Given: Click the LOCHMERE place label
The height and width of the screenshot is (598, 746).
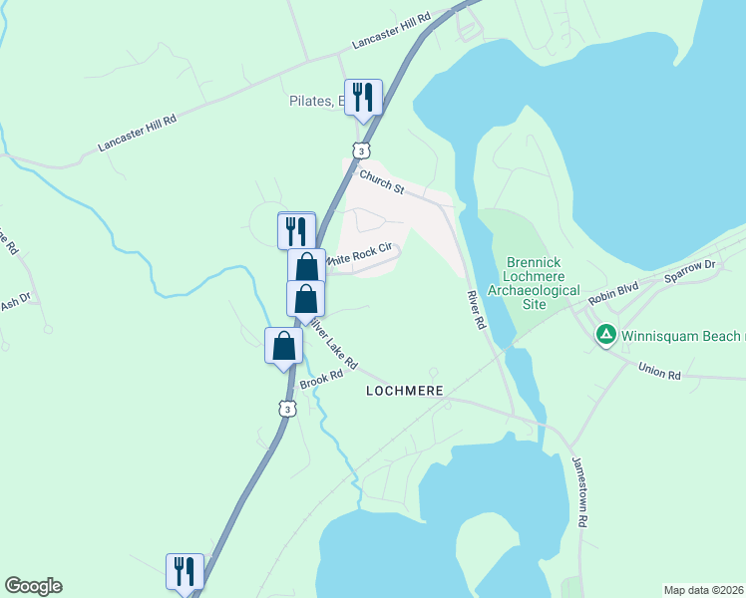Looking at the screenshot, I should click(x=404, y=391).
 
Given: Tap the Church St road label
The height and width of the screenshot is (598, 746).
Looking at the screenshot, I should click(x=381, y=182).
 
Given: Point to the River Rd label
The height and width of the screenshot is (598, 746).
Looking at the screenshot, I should click(x=476, y=310).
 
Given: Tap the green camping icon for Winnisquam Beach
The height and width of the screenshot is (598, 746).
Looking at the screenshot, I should click(x=605, y=336).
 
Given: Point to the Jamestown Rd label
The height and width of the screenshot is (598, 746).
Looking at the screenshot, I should click(x=580, y=491).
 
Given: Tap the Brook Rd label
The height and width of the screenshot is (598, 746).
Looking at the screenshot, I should click(x=321, y=380).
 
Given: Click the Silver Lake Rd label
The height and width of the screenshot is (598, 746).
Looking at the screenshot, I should click(x=331, y=341).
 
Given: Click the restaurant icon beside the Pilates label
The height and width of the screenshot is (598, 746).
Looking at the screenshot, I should click(x=363, y=98).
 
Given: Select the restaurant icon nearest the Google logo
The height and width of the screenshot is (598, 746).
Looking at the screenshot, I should click(x=185, y=571).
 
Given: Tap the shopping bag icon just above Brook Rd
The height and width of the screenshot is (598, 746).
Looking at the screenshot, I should click(x=284, y=346).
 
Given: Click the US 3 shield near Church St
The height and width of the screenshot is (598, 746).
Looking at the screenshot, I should click(x=362, y=149).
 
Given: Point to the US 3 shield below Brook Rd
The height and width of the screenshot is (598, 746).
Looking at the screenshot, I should click(x=288, y=409).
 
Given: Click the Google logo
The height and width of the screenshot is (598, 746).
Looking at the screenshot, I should click(x=33, y=586).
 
